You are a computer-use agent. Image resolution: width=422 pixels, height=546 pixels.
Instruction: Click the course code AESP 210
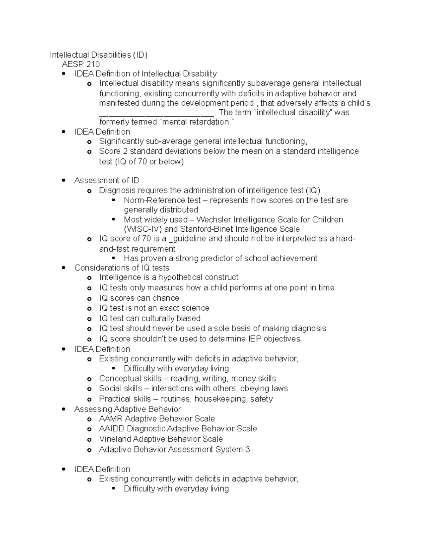coord(81,64)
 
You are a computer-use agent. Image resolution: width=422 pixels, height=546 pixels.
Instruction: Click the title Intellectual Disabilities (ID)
coord(98,55)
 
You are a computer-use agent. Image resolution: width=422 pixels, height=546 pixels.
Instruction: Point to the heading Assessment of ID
coord(107,181)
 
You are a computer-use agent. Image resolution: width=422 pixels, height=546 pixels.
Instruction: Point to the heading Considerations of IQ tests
coord(122,268)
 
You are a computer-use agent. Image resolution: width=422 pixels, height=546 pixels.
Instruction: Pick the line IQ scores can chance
coord(139,298)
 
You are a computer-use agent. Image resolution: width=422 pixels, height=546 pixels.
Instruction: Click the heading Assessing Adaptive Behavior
coord(128,409)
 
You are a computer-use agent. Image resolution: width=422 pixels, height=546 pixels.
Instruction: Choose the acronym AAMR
coord(110,419)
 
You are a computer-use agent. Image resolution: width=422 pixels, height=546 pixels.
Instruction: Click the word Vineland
coord(115,439)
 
